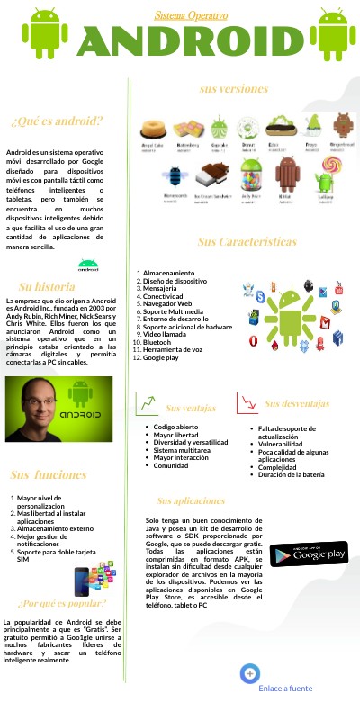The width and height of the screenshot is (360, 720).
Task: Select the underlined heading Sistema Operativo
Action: (191, 15)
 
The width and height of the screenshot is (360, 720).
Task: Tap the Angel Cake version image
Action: (153, 129)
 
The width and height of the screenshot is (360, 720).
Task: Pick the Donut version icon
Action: (249, 129)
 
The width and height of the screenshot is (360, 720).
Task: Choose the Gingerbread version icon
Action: (341, 128)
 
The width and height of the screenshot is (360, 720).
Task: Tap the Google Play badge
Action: (309, 553)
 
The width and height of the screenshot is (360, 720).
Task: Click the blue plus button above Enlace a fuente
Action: (250, 672)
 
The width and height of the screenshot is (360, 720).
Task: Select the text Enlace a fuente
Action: (285, 688)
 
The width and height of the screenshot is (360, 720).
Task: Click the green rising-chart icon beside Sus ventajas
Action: (146, 404)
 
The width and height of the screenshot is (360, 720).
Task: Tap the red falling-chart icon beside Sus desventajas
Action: (247, 401)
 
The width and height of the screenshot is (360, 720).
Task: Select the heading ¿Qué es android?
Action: (57, 121)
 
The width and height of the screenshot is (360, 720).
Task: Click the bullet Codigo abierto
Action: (176, 427)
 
